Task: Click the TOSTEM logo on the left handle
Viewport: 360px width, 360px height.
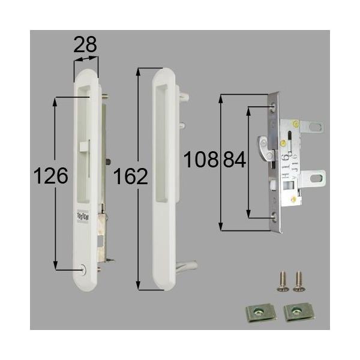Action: coord(83,213)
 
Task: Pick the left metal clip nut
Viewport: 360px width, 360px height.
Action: coord(258,313)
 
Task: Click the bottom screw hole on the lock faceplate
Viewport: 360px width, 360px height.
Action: coord(274,214)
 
